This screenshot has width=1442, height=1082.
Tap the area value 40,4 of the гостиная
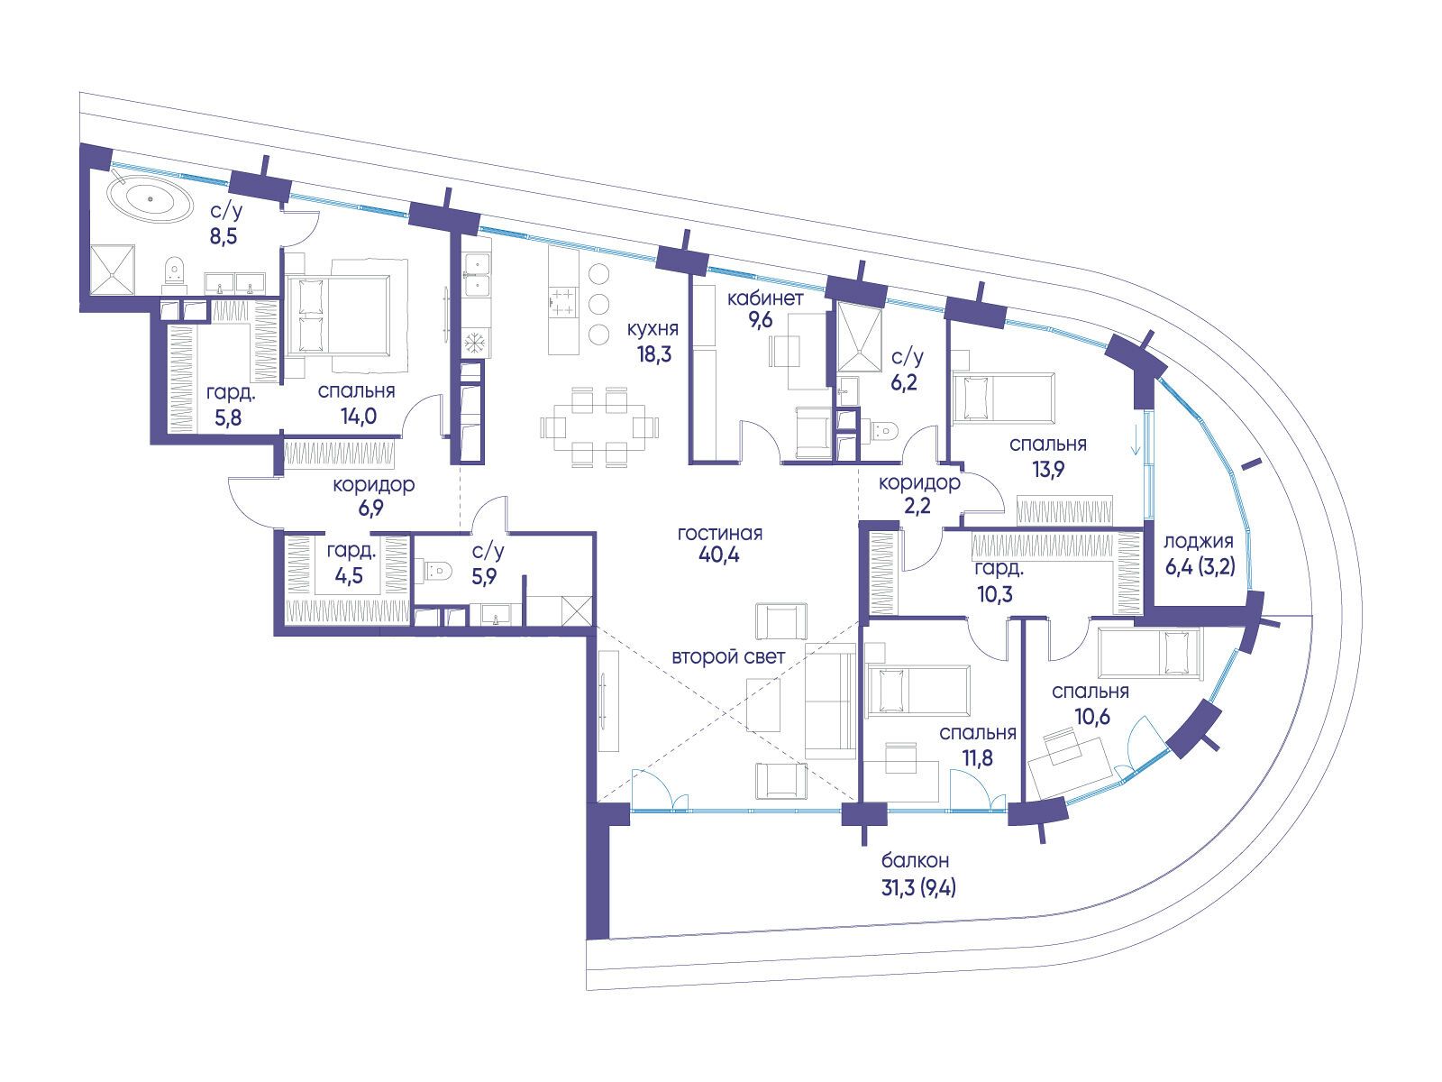(718, 555)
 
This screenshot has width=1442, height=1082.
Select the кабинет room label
(765, 298)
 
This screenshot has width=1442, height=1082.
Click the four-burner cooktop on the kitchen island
(564, 301)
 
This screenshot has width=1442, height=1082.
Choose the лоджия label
(1198, 542)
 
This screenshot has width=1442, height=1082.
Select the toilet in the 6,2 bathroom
(882, 429)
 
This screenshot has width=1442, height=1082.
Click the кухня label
(654, 329)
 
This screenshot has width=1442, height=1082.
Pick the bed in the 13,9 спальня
(1002, 397)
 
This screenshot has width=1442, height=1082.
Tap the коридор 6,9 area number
(373, 509)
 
